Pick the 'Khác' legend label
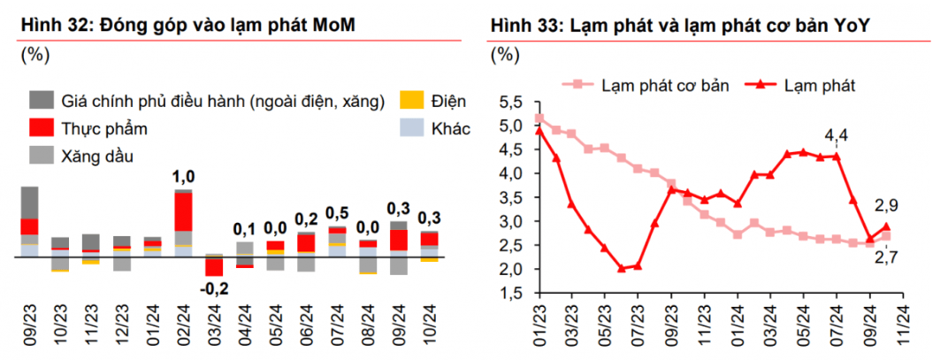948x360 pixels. [x=450, y=128]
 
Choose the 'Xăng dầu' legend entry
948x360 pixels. [x=97, y=157]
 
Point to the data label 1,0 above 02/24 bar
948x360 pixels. [x=183, y=177]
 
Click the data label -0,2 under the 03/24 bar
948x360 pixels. [x=213, y=287]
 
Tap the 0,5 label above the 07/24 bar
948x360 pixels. [x=337, y=213]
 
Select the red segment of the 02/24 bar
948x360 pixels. [x=183, y=212]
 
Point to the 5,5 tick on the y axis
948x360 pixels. [x=512, y=102]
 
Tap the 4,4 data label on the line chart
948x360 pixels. [x=836, y=136]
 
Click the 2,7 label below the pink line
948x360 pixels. [x=884, y=257]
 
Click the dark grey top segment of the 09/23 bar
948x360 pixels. [x=29, y=203]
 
